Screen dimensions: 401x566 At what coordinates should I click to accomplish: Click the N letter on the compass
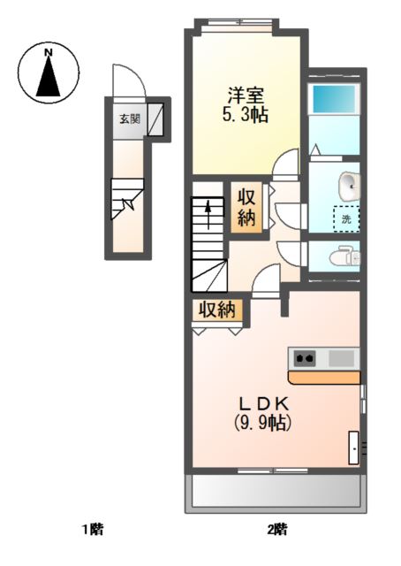click(48, 53)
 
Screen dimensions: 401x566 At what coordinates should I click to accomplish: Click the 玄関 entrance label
click(130, 119)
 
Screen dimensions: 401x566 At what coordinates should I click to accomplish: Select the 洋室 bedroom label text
click(246, 96)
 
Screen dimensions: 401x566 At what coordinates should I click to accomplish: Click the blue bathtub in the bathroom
click(335, 98)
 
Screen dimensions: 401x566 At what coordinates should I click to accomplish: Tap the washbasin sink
click(349, 186)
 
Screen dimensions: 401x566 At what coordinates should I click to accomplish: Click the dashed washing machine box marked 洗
click(346, 218)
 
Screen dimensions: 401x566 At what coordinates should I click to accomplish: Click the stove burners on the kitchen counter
click(305, 358)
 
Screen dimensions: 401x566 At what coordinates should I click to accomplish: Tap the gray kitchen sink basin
click(341, 358)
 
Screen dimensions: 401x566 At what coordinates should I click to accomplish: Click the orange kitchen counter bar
click(324, 378)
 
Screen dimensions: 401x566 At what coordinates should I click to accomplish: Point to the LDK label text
click(265, 404)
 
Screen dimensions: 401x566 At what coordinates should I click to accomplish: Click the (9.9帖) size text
click(262, 423)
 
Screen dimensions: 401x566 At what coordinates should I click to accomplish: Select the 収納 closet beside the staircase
click(246, 208)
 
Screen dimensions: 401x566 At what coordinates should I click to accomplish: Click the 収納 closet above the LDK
click(217, 310)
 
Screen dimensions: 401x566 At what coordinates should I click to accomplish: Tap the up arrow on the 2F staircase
click(208, 215)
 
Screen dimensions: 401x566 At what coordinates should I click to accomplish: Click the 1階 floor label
click(93, 530)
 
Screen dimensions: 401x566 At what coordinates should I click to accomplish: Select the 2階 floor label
click(277, 530)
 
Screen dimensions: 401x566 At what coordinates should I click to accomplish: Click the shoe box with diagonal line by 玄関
click(155, 119)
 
